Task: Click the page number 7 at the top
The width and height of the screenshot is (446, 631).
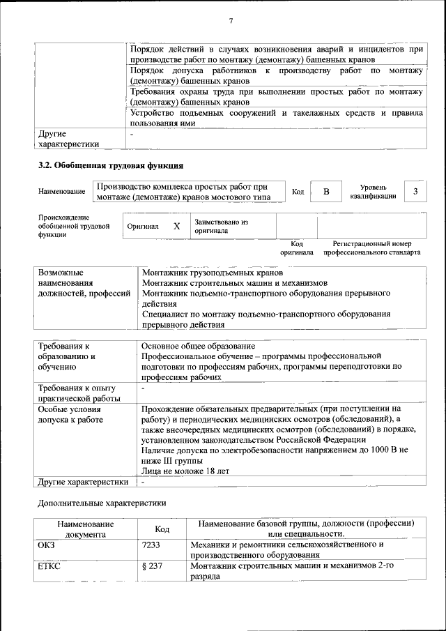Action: point(231,22)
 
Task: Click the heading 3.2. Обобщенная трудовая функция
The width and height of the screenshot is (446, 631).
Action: point(110,166)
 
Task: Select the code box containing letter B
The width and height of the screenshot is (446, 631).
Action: point(325,191)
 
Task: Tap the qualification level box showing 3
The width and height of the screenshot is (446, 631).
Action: point(416,191)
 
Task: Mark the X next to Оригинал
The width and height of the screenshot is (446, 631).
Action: point(176,227)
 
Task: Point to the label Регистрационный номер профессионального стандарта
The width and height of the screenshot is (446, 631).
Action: point(372,248)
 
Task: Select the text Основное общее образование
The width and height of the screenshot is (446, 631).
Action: point(198,346)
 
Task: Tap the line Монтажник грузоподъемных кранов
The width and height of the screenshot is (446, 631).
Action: point(212,273)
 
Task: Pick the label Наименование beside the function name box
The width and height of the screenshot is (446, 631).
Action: point(62,192)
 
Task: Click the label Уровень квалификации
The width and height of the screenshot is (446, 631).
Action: point(374,192)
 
